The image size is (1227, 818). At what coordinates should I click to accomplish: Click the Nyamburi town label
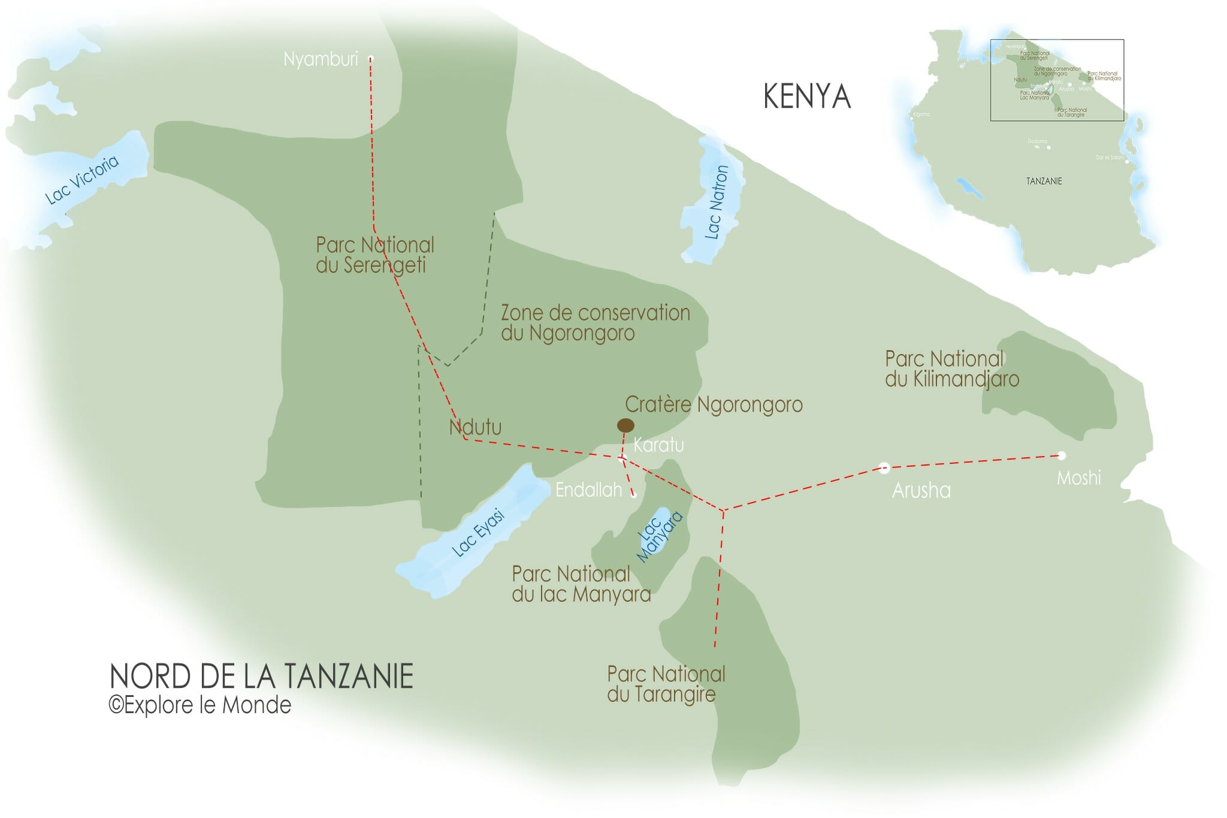[x=321, y=59]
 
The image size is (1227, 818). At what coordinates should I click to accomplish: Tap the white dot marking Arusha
[x=884, y=468]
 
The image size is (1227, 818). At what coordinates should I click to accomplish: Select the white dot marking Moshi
[x=1062, y=455]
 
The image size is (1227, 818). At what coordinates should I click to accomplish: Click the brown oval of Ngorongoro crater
[x=625, y=425]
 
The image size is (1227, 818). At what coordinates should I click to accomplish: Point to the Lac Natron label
[x=716, y=203]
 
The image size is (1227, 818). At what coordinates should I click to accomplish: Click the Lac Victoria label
[x=83, y=179]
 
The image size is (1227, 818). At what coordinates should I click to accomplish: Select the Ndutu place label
[x=475, y=427]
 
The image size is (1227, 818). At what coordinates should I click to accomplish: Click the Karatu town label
[x=658, y=445]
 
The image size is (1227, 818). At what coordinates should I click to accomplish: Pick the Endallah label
[x=588, y=490]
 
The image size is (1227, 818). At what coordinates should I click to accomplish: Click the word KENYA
[x=807, y=96]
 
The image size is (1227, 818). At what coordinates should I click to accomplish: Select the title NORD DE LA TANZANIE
[x=262, y=676]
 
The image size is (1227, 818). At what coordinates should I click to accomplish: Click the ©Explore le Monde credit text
[x=200, y=705]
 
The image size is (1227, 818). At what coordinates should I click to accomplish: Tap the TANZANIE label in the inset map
[x=1044, y=181]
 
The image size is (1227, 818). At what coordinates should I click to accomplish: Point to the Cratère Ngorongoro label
[x=714, y=405]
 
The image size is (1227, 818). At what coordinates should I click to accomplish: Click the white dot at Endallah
[x=634, y=495]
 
